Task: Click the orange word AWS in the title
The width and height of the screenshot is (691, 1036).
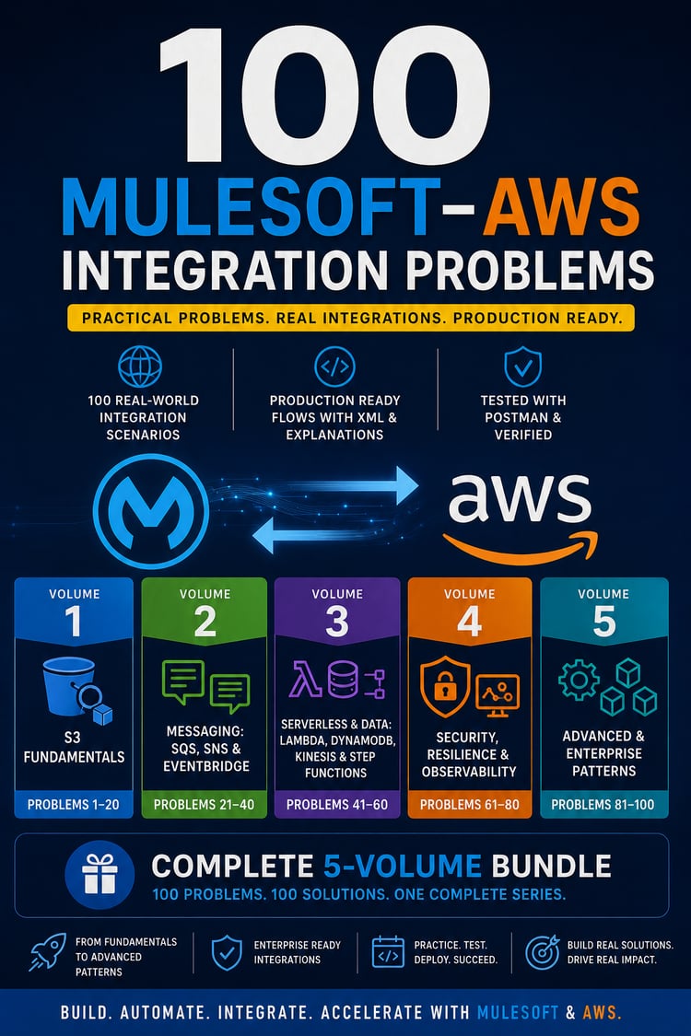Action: coord(561,207)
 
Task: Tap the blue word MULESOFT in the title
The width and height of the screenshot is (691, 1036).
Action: coord(251,207)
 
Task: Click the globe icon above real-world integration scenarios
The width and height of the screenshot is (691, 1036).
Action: coord(140,366)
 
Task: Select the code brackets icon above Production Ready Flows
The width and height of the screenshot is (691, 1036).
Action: coord(334,366)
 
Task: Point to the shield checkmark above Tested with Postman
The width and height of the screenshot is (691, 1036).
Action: coord(522,366)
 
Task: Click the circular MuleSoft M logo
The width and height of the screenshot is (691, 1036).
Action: coord(151,511)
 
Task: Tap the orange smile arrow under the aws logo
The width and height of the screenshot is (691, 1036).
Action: coord(520,546)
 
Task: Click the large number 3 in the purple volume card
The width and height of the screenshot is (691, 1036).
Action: coord(337,621)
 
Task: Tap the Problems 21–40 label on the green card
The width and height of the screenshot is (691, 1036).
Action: coord(204,804)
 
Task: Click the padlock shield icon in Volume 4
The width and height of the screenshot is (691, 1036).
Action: coord(445,686)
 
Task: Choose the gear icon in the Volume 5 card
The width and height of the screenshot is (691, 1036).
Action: coord(579,680)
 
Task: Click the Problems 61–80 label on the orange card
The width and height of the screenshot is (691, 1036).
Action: coord(470,804)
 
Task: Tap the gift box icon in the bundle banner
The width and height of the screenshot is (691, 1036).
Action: coord(100,874)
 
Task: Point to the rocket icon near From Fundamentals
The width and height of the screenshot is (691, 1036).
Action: coord(48,952)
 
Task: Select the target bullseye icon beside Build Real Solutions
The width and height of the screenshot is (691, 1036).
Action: coord(543,952)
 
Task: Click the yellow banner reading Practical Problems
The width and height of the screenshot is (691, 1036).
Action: coord(351,318)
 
